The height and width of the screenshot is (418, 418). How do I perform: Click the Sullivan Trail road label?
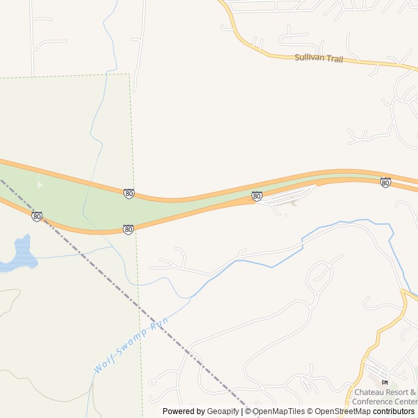point(319,57)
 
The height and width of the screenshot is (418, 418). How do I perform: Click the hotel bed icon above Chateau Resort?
point(385,382)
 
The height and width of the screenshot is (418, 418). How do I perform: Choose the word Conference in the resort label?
point(375,401)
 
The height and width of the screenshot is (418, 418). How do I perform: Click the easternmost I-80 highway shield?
point(385,183)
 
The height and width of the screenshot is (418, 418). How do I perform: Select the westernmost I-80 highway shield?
point(37,216)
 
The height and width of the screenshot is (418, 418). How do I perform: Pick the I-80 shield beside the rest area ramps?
point(257,196)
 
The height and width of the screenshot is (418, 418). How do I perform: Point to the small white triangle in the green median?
point(40,185)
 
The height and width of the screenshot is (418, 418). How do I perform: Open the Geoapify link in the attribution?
point(223,411)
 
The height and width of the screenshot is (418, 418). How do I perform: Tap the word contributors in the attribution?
point(394,411)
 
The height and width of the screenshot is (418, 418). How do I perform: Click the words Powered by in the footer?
point(184,411)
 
